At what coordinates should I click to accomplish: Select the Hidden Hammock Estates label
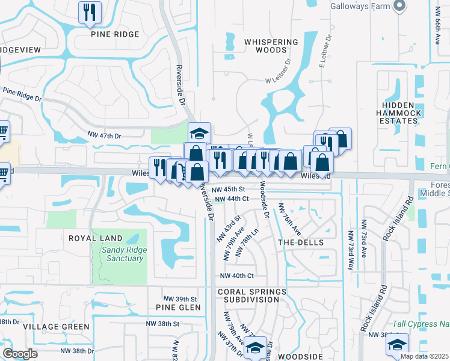[399, 113]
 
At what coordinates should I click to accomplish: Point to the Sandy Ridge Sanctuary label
[122, 254]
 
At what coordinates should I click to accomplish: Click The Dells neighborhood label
[301, 242]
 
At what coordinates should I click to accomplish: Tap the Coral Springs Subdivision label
[252, 295]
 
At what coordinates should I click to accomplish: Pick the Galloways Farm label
[360, 7]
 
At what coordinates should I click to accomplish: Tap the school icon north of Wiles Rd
[199, 132]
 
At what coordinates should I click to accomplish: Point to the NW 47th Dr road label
[104, 136]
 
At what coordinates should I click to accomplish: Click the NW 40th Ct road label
[237, 276]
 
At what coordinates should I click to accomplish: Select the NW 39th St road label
[180, 299]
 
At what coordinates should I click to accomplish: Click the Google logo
[20, 353]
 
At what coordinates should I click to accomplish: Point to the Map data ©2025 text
[424, 356]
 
